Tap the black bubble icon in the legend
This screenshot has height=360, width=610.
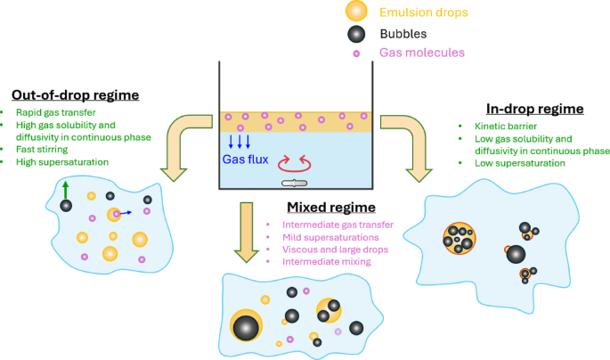coord(356,34)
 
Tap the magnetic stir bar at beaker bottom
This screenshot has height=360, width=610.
coord(293,184)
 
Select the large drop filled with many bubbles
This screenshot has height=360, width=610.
coord(460,238)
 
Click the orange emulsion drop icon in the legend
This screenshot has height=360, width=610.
coord(356,12)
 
